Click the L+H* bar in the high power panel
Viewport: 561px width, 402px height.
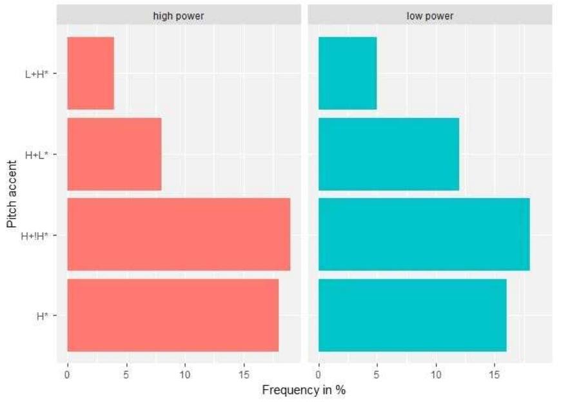pyautogui.click(x=91, y=73)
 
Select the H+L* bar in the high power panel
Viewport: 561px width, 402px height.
pyautogui.click(x=114, y=154)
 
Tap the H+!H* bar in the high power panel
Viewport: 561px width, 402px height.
pyautogui.click(x=179, y=234)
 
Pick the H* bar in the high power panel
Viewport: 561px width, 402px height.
pyautogui.click(x=173, y=315)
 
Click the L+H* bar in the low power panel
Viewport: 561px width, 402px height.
pyautogui.click(x=348, y=73)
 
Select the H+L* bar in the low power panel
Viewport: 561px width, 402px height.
pyautogui.click(x=389, y=154)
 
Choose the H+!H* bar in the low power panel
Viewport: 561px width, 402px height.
pyautogui.click(x=424, y=234)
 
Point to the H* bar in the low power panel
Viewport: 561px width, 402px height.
pyautogui.click(x=412, y=315)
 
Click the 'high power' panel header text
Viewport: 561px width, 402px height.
pyautogui.click(x=179, y=15)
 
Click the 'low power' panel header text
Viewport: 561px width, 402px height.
pyautogui.click(x=430, y=15)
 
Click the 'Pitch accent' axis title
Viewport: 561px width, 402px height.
pyautogui.click(x=12, y=195)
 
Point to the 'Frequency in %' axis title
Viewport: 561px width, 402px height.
pyautogui.click(x=304, y=390)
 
